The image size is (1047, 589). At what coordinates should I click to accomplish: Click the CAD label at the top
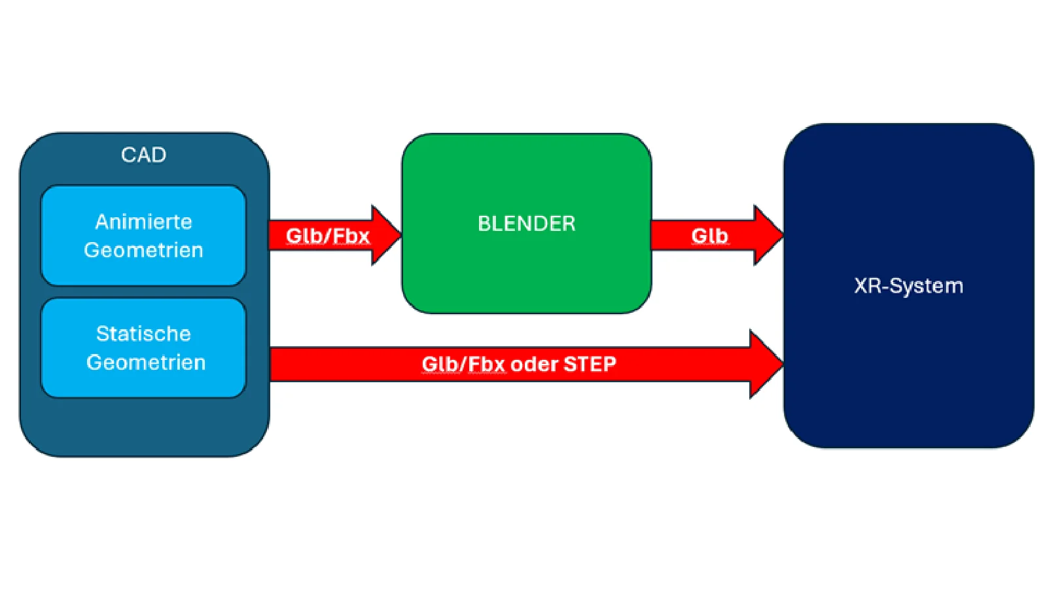click(143, 155)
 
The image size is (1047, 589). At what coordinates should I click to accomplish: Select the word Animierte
click(143, 222)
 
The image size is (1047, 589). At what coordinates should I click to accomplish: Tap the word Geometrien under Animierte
click(143, 250)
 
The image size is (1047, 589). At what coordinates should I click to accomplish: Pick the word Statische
click(143, 334)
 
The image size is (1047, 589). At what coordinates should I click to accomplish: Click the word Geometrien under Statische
click(146, 363)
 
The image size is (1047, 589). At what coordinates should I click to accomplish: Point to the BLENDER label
click(526, 224)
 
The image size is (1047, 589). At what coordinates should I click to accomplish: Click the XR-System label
click(908, 286)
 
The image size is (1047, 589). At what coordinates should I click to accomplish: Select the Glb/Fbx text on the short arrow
click(328, 236)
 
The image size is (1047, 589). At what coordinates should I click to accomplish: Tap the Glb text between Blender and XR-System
click(709, 236)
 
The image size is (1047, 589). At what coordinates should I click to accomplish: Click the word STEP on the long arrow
click(590, 364)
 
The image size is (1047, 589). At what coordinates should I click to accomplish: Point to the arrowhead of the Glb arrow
click(768, 235)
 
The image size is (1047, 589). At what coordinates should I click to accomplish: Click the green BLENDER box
click(526, 275)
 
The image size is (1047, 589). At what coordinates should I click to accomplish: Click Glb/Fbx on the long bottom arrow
click(463, 364)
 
